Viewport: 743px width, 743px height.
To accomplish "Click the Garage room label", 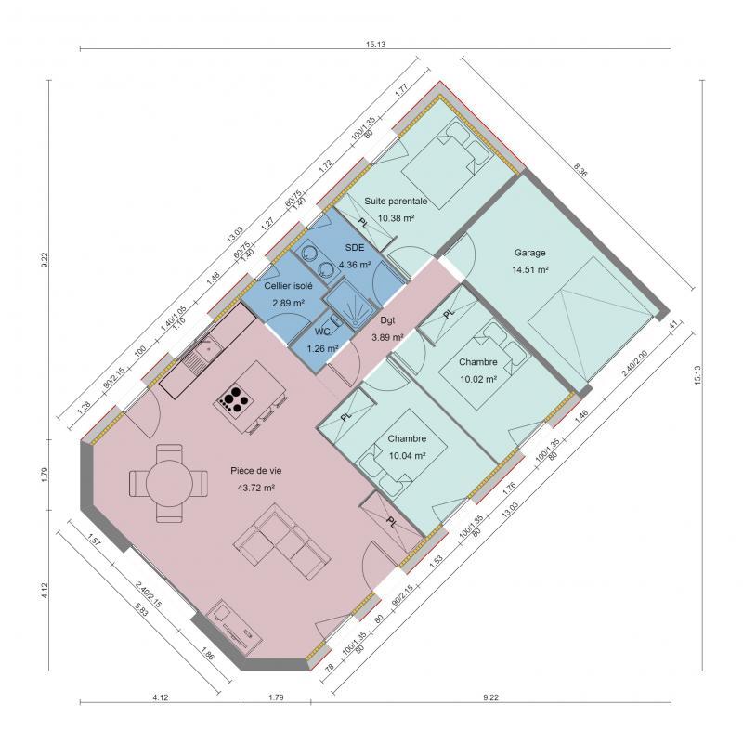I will [x=530, y=252].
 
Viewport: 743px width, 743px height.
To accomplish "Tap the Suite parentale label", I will [x=396, y=201].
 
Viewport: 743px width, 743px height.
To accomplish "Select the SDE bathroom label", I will [x=354, y=248].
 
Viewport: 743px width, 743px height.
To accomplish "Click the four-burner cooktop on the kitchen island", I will [x=235, y=399].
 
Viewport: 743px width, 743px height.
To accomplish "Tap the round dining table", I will [x=168, y=483].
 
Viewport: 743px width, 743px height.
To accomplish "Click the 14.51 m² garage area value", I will [x=530, y=270].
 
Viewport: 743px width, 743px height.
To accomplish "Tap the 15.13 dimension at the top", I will [x=377, y=43].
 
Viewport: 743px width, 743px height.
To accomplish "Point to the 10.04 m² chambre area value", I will [x=407, y=456].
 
